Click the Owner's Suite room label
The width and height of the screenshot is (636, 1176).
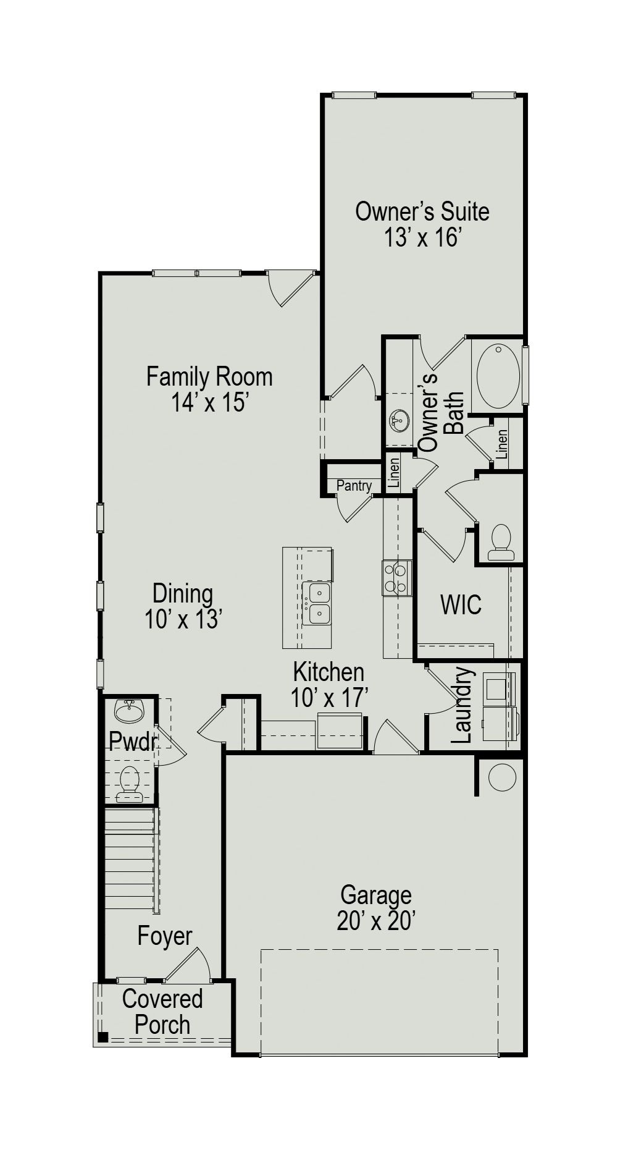tap(422, 212)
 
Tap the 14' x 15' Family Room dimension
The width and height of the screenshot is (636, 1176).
tap(209, 403)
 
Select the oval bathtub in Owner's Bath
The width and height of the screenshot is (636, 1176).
tap(498, 376)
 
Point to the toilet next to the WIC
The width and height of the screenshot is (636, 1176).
tap(500, 542)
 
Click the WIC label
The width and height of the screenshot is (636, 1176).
tap(461, 605)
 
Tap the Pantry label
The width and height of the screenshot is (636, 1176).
tap(354, 486)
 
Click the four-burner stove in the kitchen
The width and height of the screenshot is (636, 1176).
tap(397, 577)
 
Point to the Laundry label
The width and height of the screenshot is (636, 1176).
tap(462, 706)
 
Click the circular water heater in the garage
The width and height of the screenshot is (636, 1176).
tap(501, 777)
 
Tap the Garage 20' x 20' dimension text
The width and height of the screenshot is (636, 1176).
tap(375, 921)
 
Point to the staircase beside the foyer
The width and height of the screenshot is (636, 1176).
tap(130, 859)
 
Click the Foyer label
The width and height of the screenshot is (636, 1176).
tap(164, 936)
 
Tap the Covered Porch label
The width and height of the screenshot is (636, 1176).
tap(162, 1012)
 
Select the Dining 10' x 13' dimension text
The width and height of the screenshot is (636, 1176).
tap(183, 619)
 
